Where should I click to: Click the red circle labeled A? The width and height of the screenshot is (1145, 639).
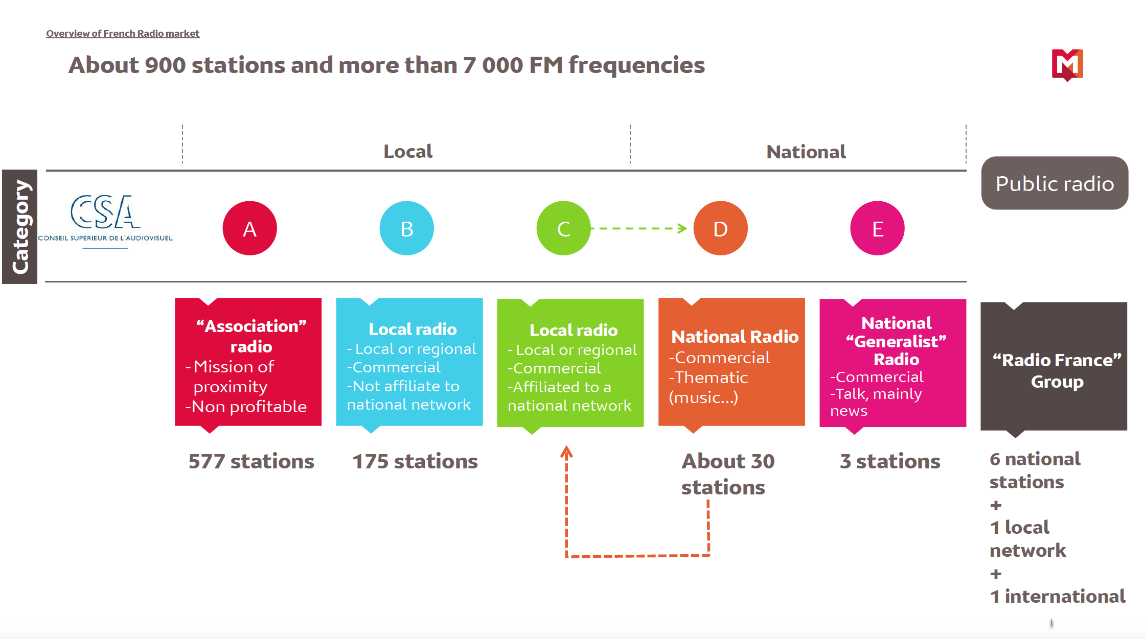click(249, 228)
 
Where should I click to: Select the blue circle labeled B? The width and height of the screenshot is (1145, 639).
click(406, 228)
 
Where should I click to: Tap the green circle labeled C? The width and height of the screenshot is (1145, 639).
click(563, 228)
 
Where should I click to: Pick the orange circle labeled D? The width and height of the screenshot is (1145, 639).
click(720, 228)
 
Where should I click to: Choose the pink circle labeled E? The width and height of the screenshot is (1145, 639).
click(877, 228)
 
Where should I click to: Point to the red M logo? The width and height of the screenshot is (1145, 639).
click(1067, 64)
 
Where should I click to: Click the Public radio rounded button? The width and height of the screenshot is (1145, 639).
click(1054, 183)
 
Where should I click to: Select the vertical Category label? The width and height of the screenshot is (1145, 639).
click(20, 227)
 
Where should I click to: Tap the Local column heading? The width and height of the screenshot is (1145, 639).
click(408, 151)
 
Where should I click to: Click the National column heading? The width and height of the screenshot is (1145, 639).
click(806, 152)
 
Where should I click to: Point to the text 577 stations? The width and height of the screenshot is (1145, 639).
click(251, 461)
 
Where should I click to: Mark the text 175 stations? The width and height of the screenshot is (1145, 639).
click(415, 461)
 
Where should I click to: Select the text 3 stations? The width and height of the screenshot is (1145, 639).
click(890, 461)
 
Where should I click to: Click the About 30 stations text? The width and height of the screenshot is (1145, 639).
click(727, 474)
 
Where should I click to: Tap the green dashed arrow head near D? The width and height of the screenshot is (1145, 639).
click(682, 228)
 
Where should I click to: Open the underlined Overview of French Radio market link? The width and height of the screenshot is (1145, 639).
click(123, 34)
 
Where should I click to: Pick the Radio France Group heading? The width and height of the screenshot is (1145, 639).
click(1057, 371)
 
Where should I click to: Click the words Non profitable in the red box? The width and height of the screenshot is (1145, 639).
click(249, 407)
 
